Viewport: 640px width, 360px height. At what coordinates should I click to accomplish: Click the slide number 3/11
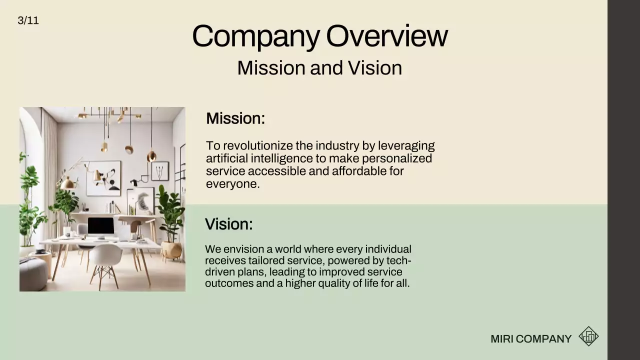28,20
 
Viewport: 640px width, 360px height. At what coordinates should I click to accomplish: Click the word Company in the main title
255,36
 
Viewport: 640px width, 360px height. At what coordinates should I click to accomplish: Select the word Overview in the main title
386,36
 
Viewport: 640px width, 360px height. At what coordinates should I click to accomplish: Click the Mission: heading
235,118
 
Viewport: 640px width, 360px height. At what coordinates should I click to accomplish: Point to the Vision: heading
228,224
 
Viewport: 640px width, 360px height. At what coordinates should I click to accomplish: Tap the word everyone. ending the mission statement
232,183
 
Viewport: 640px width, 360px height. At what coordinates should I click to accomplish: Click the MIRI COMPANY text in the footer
530,339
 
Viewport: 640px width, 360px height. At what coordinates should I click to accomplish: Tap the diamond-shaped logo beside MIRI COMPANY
588,336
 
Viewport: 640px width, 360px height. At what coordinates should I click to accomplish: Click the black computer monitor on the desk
100,226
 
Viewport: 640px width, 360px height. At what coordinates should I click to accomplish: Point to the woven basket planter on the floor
171,250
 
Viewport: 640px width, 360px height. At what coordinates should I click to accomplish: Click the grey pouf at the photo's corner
32,275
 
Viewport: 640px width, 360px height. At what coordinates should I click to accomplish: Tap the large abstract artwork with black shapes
103,178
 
